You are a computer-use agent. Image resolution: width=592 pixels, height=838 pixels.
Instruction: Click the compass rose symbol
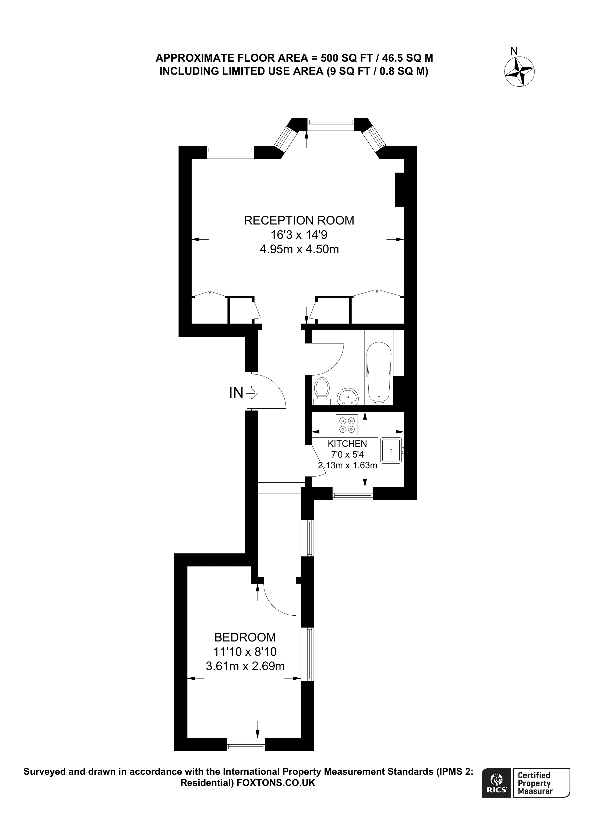pos(519,72)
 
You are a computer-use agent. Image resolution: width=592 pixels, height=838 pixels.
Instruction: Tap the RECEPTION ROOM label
pos(299,220)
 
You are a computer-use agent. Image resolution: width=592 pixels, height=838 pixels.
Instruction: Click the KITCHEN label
pos(347,444)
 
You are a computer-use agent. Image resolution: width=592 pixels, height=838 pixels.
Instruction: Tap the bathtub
pos(379,372)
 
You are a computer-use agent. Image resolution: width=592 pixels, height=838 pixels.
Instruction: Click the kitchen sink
pos(391,450)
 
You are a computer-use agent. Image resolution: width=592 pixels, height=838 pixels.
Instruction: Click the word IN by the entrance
pos(236,393)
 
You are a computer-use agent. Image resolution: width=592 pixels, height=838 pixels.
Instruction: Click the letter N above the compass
pos(514,51)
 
